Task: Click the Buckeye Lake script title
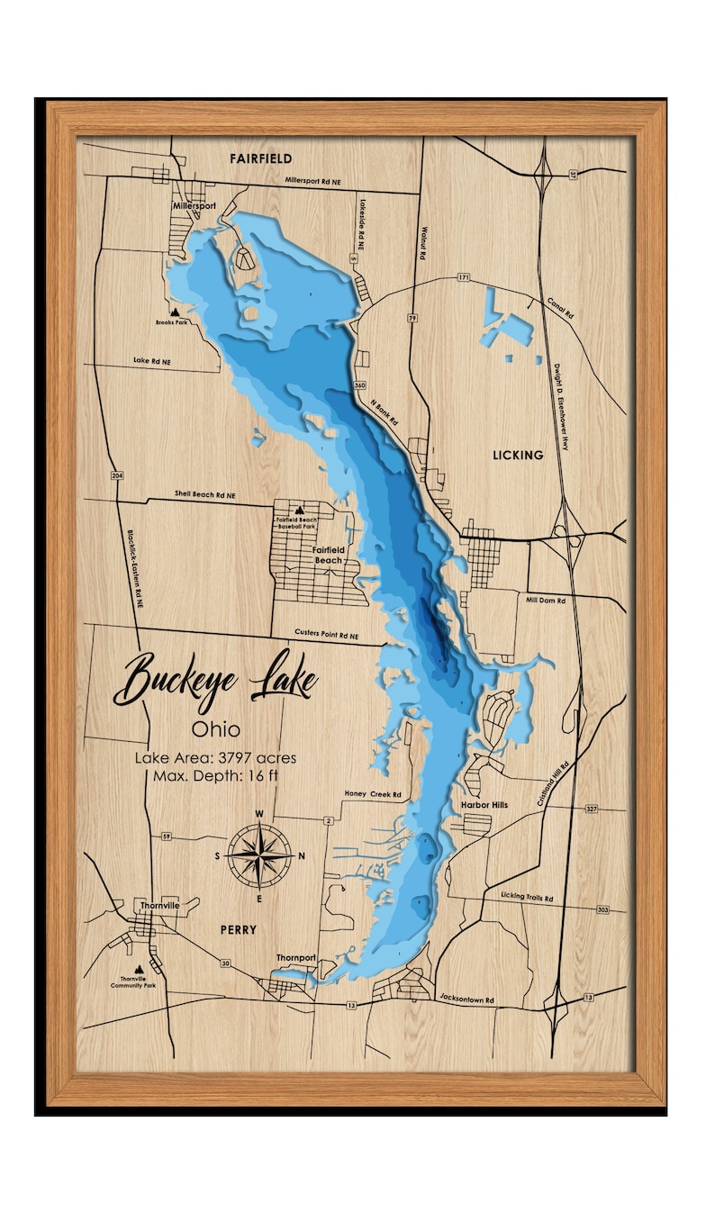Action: point(215,680)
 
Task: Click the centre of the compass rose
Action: point(259,855)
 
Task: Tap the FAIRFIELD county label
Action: point(260,158)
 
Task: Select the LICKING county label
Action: point(518,455)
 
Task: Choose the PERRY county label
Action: point(237,929)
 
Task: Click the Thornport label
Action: point(296,958)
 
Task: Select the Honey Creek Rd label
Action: point(373,794)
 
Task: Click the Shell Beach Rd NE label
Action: point(204,495)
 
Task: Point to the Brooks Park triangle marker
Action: point(175,311)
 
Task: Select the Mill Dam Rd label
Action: point(547,600)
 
